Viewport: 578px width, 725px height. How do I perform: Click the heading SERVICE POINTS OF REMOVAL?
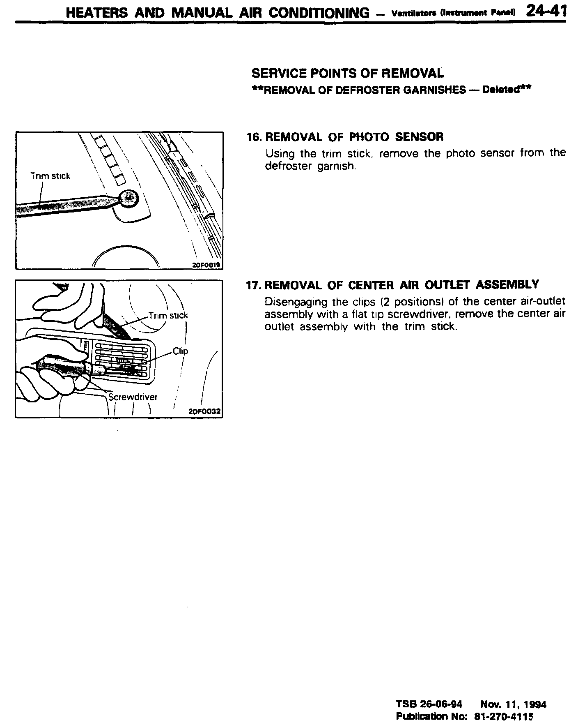coord(347,74)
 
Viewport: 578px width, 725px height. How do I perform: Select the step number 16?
coord(253,137)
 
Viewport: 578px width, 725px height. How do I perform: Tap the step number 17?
coord(253,285)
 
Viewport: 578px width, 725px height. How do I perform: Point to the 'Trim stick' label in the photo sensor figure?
coord(50,176)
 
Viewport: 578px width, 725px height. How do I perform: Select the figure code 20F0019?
coord(206,265)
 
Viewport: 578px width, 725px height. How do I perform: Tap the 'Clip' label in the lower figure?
coord(180,351)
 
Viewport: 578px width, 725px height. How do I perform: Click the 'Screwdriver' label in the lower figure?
coord(133,397)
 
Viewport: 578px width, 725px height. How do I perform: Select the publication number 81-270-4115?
coord(510,716)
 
